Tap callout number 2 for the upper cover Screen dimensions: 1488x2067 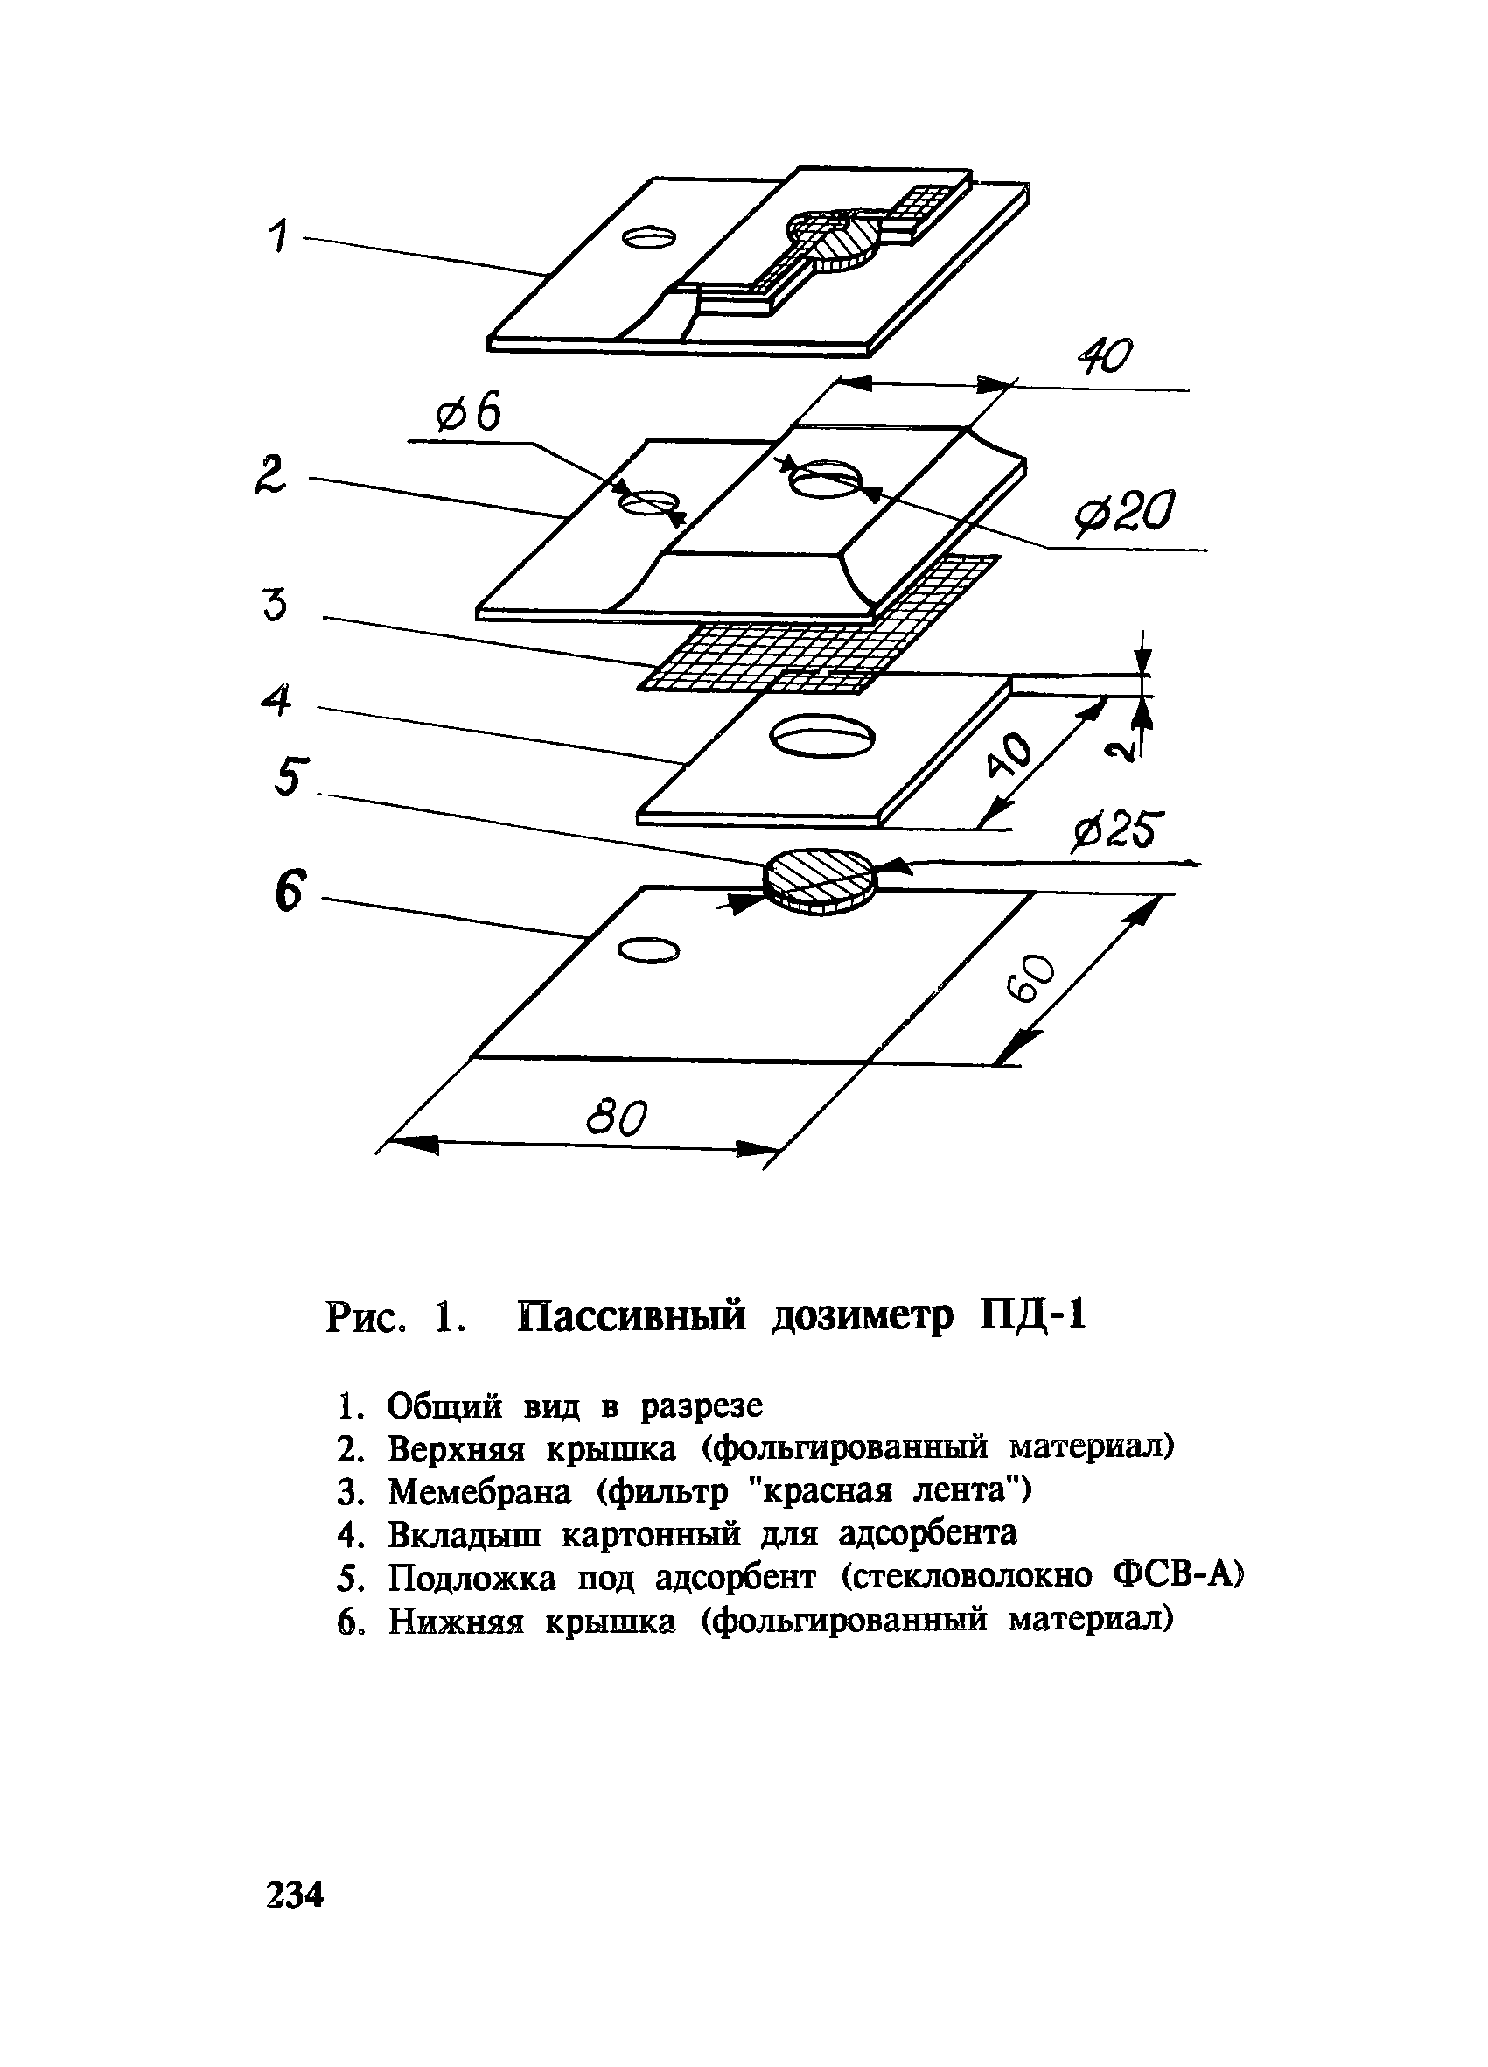[x=270, y=476]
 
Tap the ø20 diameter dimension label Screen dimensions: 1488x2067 [x=1124, y=515]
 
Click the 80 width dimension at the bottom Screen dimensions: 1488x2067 [x=617, y=1118]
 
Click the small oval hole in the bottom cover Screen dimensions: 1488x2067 [x=648, y=950]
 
